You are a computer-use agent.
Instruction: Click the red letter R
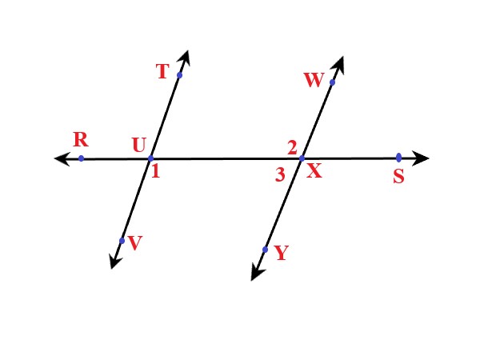tap(80, 139)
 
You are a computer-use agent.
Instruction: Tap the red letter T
tap(162, 72)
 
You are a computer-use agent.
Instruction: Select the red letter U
tap(139, 145)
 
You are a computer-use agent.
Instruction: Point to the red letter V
tap(134, 244)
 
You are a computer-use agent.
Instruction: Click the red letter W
tap(312, 80)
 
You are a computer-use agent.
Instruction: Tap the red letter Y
tap(281, 254)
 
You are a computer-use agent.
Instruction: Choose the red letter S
tap(398, 177)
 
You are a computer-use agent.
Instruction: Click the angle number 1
tap(154, 170)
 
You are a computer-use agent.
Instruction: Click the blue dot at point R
tap(81, 158)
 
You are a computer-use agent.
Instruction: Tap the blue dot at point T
tap(179, 75)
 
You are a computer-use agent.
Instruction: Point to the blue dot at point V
tap(121, 240)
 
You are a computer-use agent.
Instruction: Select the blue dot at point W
tap(332, 82)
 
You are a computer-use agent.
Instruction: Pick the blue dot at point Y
tap(265, 250)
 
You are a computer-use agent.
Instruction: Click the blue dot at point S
tap(398, 158)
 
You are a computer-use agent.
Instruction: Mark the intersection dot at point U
tap(150, 158)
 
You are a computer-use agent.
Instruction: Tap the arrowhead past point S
tap(422, 158)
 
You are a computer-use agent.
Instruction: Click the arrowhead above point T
tap(186, 57)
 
